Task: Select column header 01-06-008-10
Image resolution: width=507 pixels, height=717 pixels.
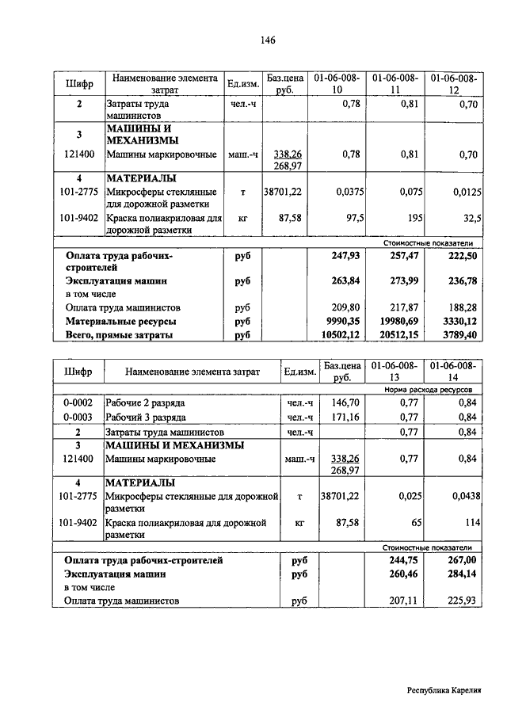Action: pos(337,85)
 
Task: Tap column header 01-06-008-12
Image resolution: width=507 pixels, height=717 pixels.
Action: pos(454,85)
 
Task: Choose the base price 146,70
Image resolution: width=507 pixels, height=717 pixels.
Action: pos(345,402)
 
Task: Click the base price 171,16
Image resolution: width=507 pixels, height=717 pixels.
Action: pos(345,417)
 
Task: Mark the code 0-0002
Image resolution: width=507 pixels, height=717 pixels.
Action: pos(78,403)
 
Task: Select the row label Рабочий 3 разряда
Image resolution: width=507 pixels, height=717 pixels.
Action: pos(147,417)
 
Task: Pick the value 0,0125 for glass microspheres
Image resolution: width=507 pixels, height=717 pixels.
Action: pos(461,191)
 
